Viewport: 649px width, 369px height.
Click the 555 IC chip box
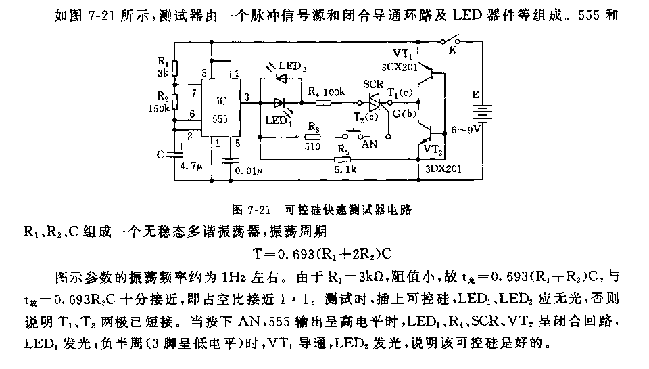[x=222, y=110]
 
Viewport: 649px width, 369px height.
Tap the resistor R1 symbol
[x=174, y=68]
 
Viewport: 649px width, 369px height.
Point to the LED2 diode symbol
[x=283, y=79]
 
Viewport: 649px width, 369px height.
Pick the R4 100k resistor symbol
[x=323, y=103]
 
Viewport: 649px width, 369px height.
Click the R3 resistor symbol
[x=313, y=136]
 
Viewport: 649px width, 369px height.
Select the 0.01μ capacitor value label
[x=247, y=171]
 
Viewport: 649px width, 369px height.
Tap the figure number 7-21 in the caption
[x=260, y=210]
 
